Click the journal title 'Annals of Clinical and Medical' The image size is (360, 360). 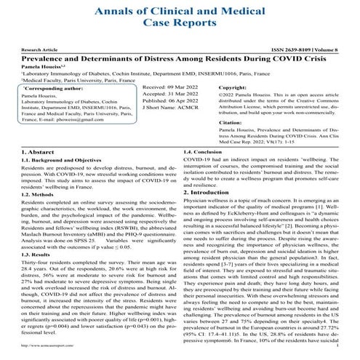180,9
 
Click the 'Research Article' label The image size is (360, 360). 33,52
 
